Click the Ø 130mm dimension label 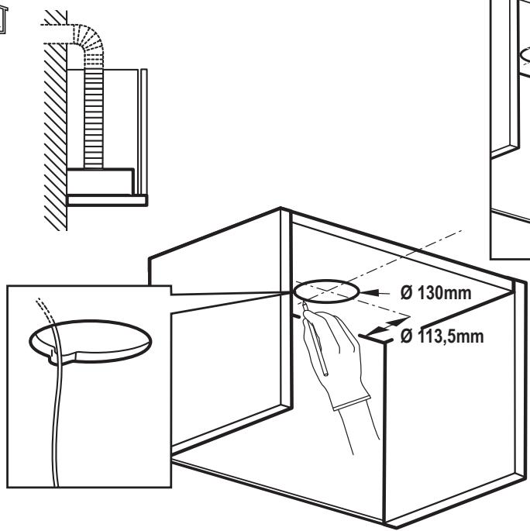435,293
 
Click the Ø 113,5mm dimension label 442,336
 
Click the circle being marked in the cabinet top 326,281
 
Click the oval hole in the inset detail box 90,321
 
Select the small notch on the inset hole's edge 53,357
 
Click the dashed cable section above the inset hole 46,310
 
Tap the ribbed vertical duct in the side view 93,119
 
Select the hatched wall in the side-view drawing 56,120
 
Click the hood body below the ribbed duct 100,181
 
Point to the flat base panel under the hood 107,200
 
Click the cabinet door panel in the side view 143,132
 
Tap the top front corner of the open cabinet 281,208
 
